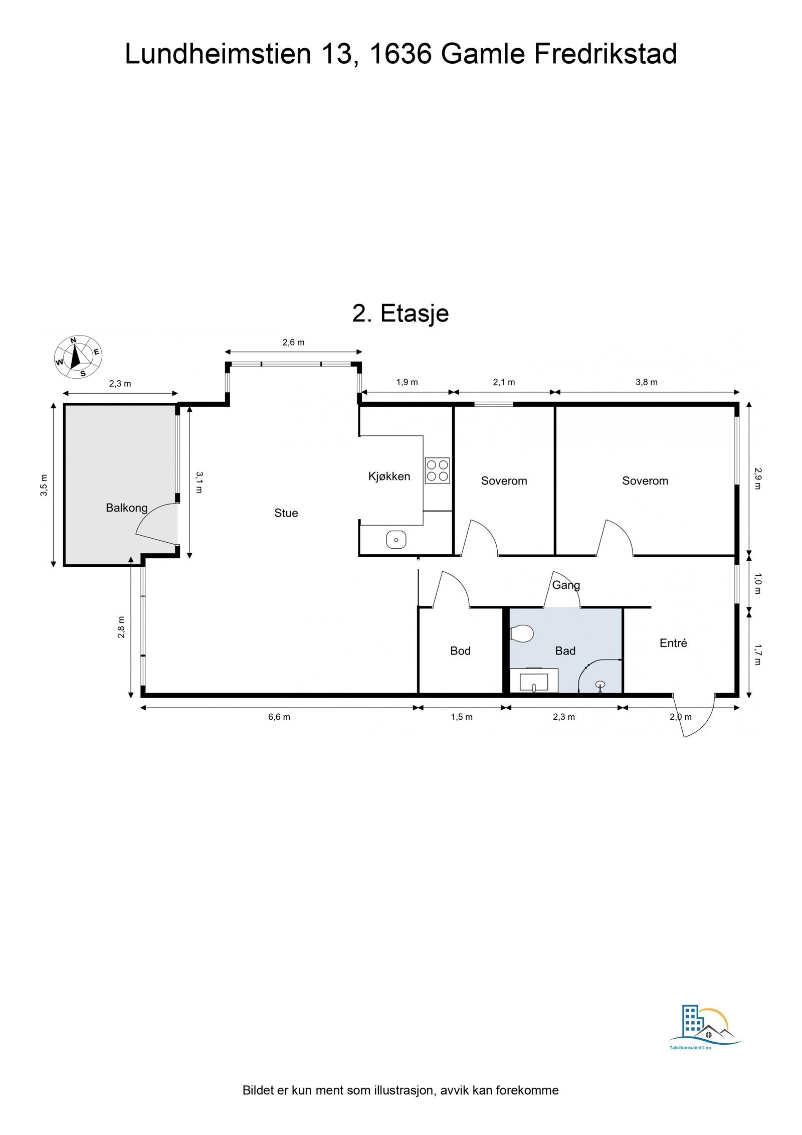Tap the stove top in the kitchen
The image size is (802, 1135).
[x=437, y=470]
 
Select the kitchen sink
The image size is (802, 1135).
[x=396, y=540]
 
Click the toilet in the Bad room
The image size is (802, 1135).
[x=521, y=633]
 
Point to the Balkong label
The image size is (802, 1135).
[x=126, y=508]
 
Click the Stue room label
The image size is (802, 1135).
[x=286, y=513]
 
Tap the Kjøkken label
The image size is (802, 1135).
[x=389, y=476]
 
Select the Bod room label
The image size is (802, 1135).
[x=460, y=651]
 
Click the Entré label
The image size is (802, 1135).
[x=673, y=643]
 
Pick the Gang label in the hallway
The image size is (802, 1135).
[x=566, y=585]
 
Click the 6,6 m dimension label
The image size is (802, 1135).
[x=279, y=717]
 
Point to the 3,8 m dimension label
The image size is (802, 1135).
[x=647, y=382]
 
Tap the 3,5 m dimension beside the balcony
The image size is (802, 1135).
[x=44, y=484]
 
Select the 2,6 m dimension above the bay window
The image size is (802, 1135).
[x=293, y=343]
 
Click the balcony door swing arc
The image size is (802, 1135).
[x=150, y=522]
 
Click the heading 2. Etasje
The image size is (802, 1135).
[x=400, y=313]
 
